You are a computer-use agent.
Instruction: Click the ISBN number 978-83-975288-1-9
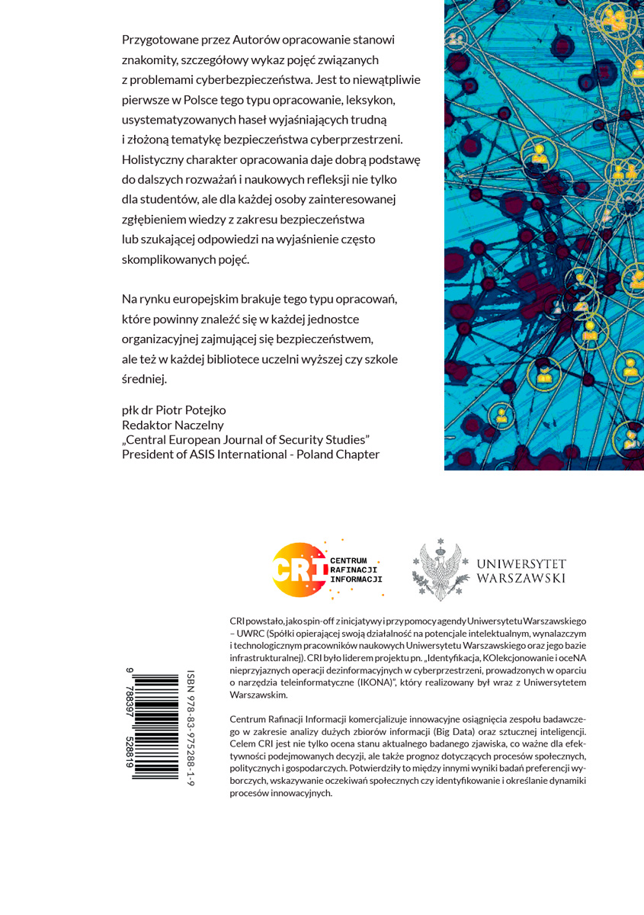coord(191,728)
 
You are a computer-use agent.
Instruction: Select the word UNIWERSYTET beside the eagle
coord(521,564)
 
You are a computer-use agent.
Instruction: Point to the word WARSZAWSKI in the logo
coord(521,579)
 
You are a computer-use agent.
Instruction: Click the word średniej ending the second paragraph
coord(144,378)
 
